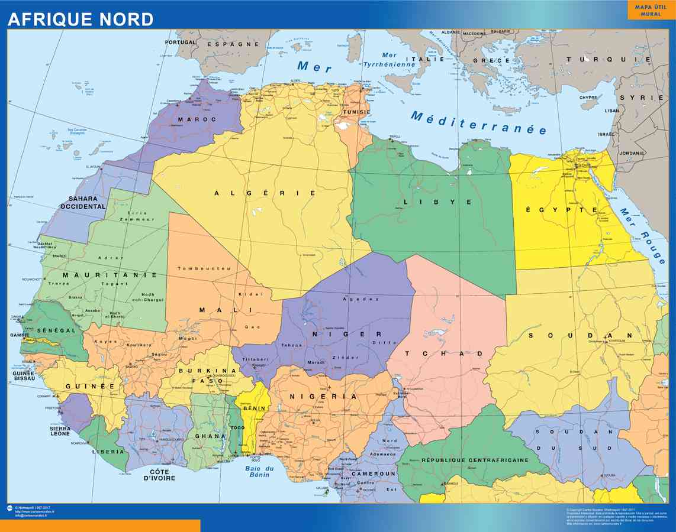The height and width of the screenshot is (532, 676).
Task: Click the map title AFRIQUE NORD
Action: click(81, 19)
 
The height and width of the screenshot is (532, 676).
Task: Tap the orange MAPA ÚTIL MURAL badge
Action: click(651, 10)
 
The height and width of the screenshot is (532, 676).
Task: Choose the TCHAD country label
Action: click(444, 353)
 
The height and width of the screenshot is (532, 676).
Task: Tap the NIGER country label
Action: click(346, 334)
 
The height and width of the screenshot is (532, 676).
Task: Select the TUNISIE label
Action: click(356, 112)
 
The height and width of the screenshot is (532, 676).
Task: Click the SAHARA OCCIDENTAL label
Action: click(83, 203)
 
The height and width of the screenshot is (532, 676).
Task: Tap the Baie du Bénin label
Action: click(260, 472)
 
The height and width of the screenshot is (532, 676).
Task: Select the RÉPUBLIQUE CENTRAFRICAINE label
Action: click(475, 460)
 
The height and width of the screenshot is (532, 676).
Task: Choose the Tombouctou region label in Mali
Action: click(204, 268)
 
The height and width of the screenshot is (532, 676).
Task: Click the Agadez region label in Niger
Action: click(360, 299)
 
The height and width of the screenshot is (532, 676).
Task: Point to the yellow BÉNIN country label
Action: click(253, 408)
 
